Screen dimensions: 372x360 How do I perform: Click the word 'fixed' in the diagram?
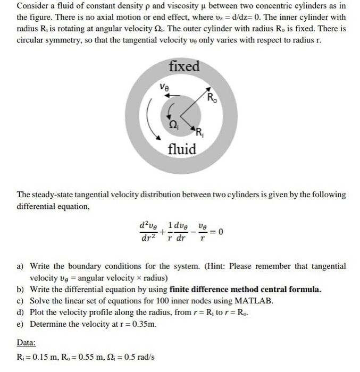coord(184,66)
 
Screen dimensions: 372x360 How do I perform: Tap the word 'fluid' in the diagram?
coord(182,149)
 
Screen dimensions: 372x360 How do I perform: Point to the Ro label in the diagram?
coord(212,98)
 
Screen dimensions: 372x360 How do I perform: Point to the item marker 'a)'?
coord(21,266)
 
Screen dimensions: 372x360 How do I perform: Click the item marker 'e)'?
coord(21,324)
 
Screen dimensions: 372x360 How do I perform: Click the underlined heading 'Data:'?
coord(26,343)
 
